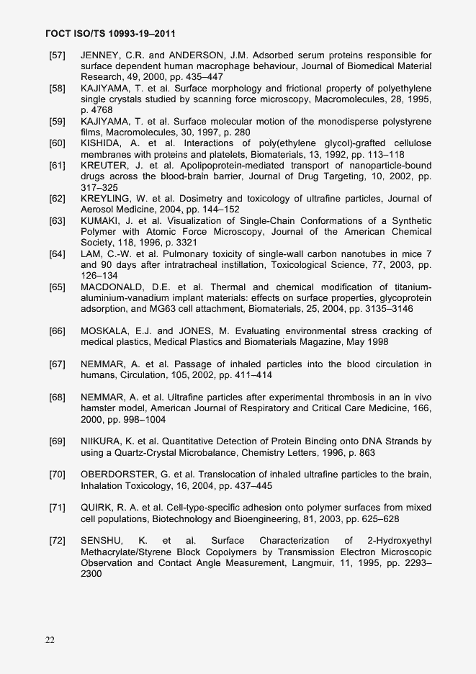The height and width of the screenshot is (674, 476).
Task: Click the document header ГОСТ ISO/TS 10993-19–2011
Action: coord(111,34)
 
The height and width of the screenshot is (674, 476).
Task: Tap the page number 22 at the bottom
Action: coord(50,639)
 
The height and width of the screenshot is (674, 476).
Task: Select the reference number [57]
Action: coord(58,55)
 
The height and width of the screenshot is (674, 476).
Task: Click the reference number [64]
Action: coord(58,254)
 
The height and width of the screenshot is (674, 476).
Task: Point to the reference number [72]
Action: coord(58,540)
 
